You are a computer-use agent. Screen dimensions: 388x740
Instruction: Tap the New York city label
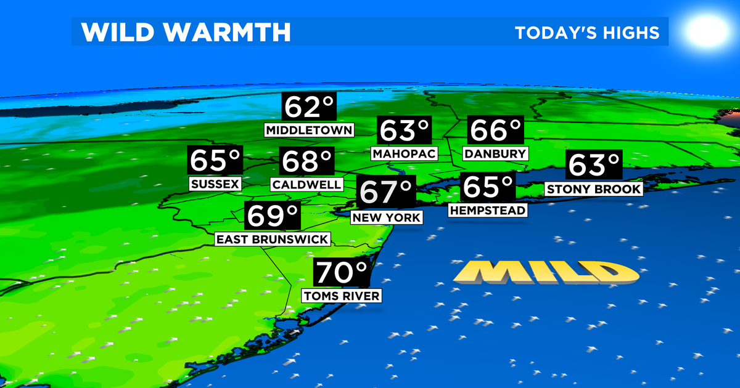(x=386, y=217)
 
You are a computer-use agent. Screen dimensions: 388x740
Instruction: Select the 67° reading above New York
(x=386, y=192)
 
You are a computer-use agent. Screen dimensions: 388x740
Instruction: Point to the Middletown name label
(x=309, y=130)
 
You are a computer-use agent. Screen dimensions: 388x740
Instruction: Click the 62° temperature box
(x=309, y=107)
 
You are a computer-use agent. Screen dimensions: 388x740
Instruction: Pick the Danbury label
(x=496, y=153)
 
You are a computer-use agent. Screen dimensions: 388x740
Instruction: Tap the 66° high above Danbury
(x=496, y=131)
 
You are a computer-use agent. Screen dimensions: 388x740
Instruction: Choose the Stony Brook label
(x=594, y=189)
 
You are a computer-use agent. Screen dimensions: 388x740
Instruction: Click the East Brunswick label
(x=273, y=239)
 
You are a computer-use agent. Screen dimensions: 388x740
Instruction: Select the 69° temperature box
(x=273, y=216)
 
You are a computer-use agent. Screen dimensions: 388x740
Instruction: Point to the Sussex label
(x=215, y=184)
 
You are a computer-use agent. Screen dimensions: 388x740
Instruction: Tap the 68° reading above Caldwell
(x=307, y=162)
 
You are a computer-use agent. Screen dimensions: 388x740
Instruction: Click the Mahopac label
(x=404, y=153)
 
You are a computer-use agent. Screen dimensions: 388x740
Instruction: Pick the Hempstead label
(x=488, y=211)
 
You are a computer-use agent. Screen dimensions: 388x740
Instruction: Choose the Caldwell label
(x=306, y=184)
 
